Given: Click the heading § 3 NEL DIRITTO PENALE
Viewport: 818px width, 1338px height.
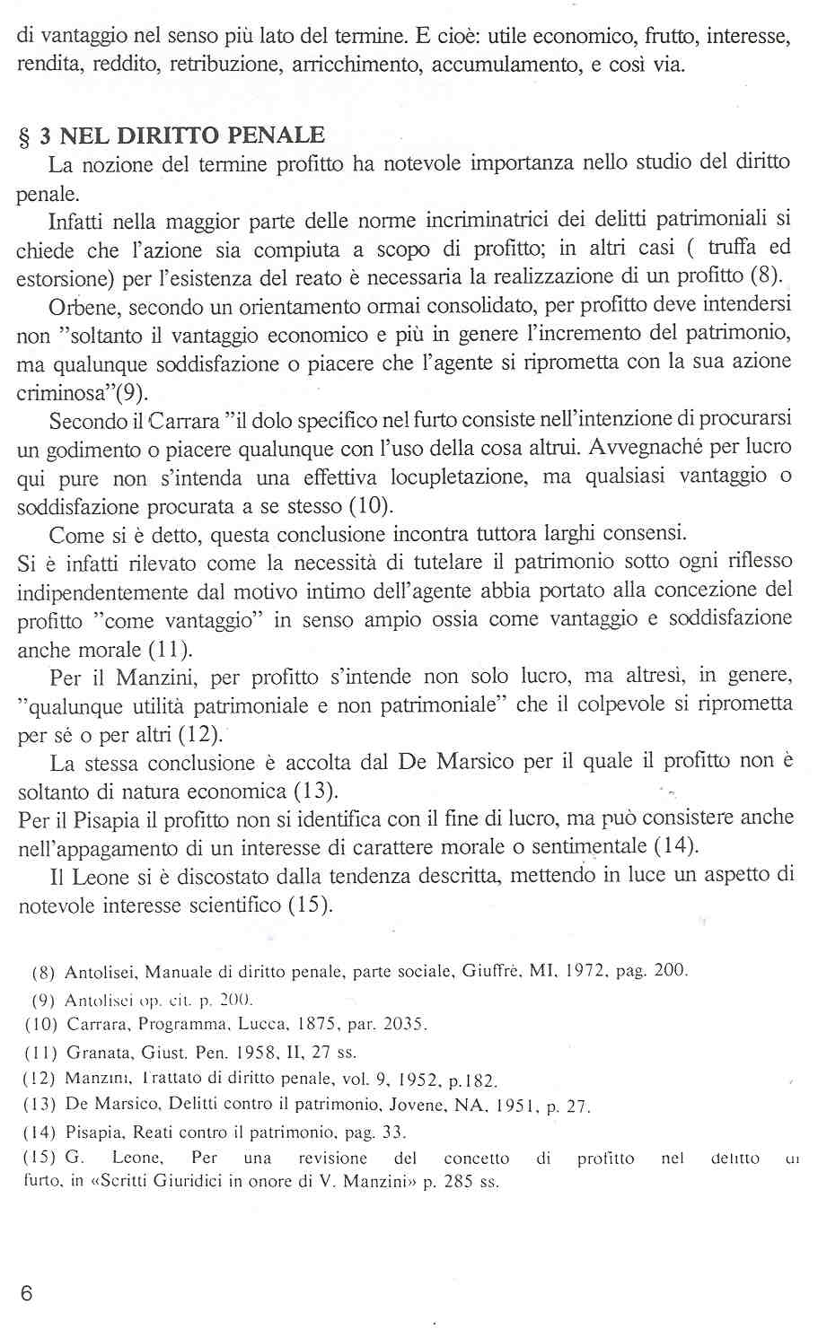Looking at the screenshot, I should pyautogui.click(x=172, y=136).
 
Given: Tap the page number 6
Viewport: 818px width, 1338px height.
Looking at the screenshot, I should pyautogui.click(x=26, y=1293).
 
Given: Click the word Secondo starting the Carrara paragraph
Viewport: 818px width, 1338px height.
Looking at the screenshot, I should pyautogui.click(x=86, y=420).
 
